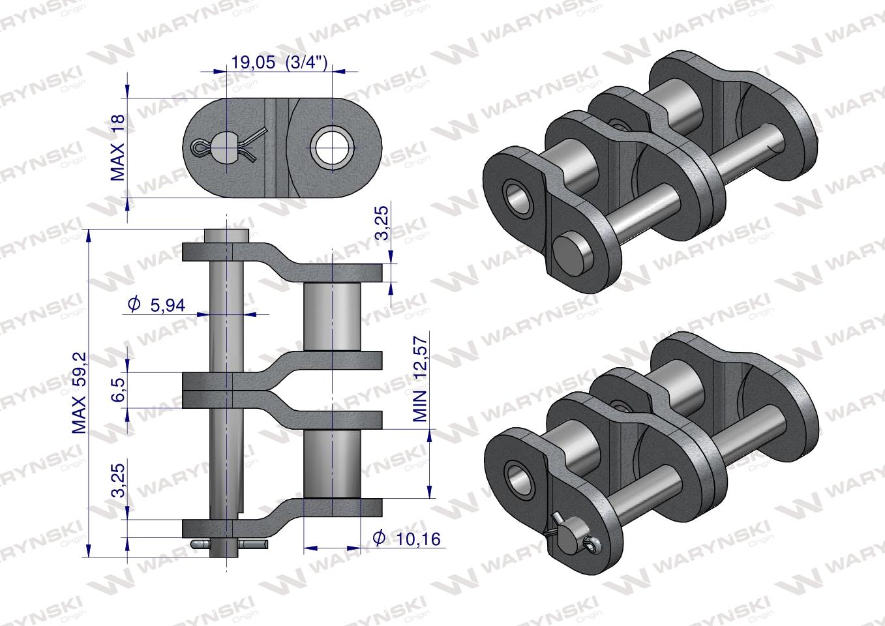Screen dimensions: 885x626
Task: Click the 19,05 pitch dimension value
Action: pyautogui.click(x=253, y=63)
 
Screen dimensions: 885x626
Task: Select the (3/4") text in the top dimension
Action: pyautogui.click(x=306, y=63)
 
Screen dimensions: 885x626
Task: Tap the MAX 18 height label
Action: pyautogui.click(x=117, y=147)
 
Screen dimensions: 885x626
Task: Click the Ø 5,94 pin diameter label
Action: pyautogui.click(x=157, y=305)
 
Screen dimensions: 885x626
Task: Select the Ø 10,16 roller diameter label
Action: pyautogui.click(x=406, y=539)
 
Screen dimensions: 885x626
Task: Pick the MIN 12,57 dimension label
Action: pyautogui.click(x=419, y=379)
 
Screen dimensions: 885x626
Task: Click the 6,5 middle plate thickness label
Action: pyautogui.click(x=118, y=389)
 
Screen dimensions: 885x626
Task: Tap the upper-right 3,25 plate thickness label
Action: pyautogui.click(x=382, y=223)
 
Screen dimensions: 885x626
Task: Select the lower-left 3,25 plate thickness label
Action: pyautogui.click(x=118, y=479)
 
